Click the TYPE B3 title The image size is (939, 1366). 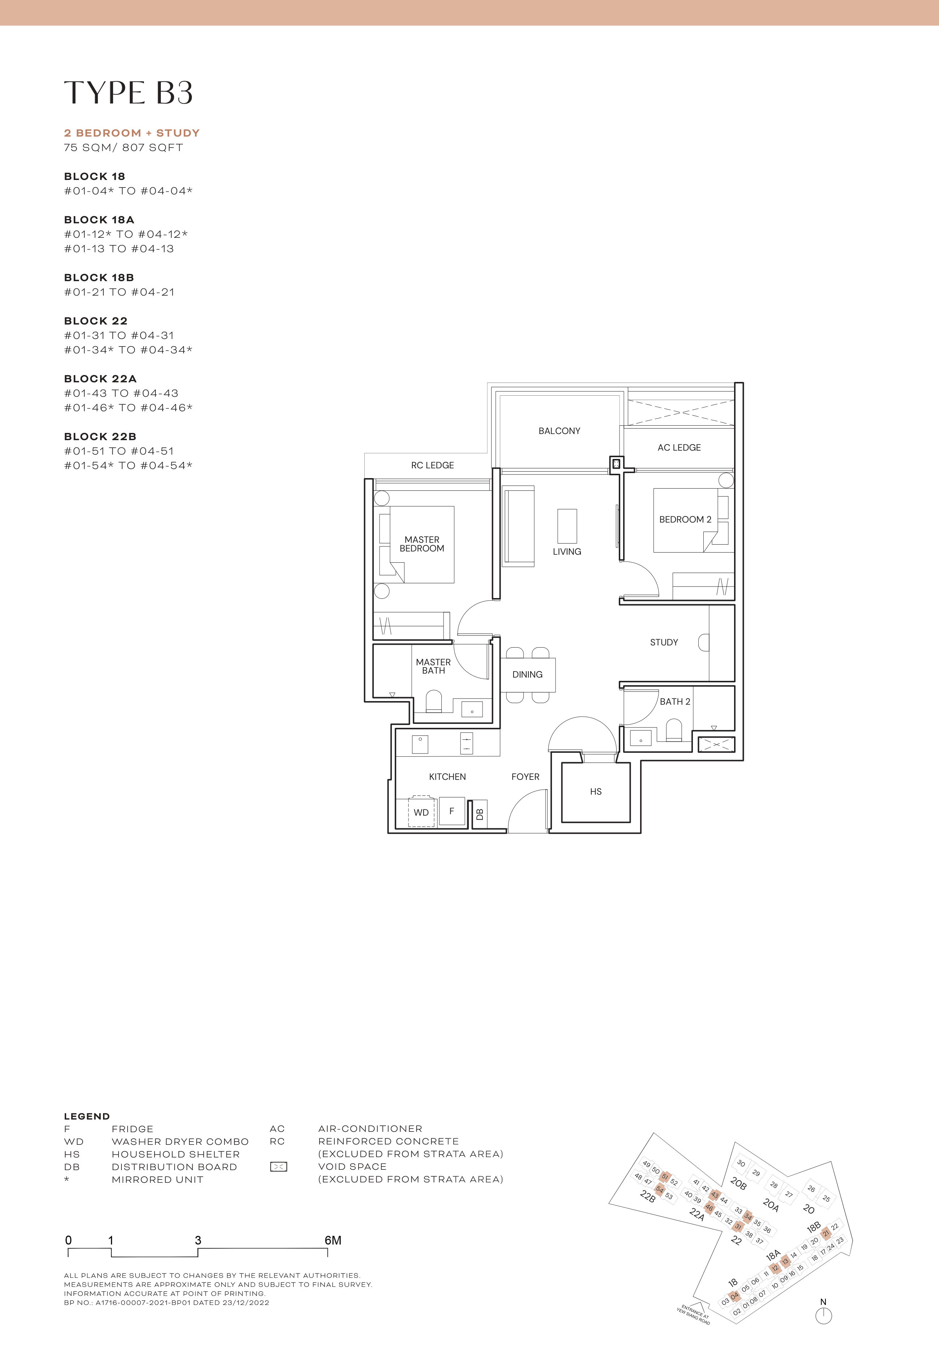[128, 93]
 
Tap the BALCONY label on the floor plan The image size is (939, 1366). [559, 431]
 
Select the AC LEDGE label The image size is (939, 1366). [679, 448]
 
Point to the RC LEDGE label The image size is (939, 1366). [432, 465]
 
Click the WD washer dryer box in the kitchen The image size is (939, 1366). [421, 812]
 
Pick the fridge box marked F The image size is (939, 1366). [452, 811]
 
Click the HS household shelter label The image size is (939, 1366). [595, 792]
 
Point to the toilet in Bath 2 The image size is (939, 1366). [674, 731]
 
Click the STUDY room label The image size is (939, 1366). [664, 643]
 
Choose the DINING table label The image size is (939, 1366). [527, 675]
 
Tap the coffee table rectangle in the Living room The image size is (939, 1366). [567, 526]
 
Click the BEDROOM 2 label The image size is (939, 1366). [685, 519]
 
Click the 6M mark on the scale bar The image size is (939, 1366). [333, 1241]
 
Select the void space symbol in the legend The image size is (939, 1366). [278, 1167]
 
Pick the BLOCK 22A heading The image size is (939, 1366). [100, 379]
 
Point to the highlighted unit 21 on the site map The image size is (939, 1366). [826, 1233]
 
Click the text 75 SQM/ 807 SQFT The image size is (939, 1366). [124, 148]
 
